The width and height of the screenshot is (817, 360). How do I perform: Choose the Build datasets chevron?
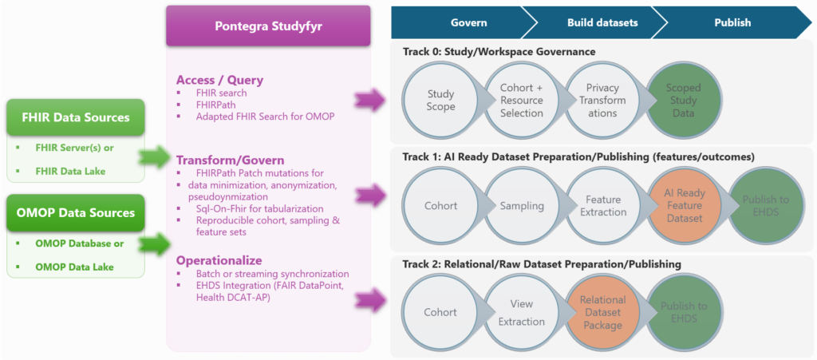click(591, 22)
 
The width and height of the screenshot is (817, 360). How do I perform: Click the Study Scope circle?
click(441, 101)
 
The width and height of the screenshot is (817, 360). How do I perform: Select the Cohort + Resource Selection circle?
click(522, 101)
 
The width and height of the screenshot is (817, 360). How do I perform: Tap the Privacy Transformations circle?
click(602, 101)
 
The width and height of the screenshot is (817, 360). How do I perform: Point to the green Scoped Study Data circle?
click(683, 101)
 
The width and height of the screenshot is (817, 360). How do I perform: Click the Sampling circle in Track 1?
click(522, 205)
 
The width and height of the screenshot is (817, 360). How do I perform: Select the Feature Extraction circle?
click(602, 205)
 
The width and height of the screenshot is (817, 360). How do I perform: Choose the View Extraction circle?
click(522, 311)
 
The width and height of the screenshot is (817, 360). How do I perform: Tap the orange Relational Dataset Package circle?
click(602, 311)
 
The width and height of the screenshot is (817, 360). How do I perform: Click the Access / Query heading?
click(220, 80)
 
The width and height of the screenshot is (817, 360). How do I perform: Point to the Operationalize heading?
click(219, 260)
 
